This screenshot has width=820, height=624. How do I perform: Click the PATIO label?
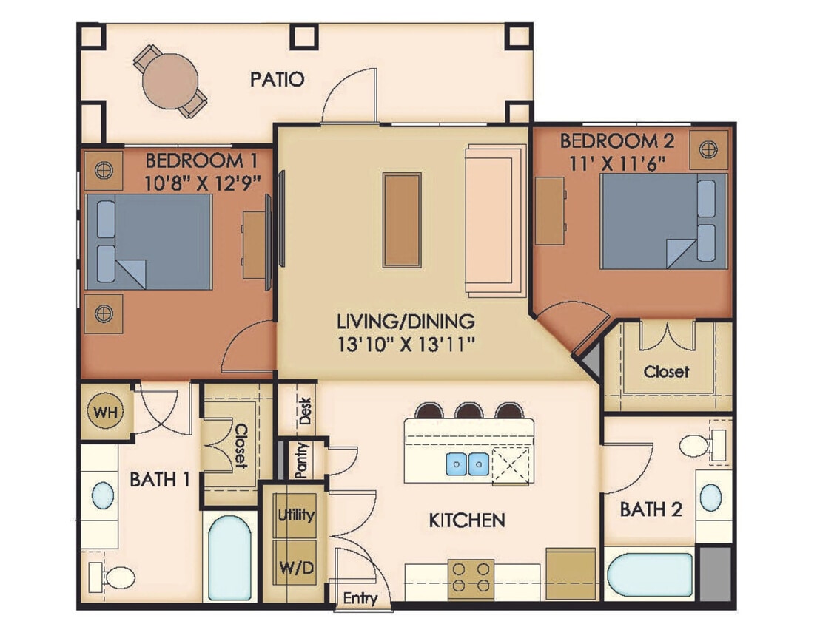[277, 79]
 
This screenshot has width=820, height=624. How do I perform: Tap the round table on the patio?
[171, 81]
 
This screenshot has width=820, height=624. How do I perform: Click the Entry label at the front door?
[360, 598]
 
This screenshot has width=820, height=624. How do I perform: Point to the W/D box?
[295, 569]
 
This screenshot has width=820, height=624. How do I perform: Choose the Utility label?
[295, 515]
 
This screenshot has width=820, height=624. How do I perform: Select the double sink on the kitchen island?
[467, 464]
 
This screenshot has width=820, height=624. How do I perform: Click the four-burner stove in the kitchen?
[471, 576]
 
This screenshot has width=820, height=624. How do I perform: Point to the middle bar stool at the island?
[468, 410]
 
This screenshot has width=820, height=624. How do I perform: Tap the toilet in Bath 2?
[699, 446]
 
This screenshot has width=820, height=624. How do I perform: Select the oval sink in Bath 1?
[103, 495]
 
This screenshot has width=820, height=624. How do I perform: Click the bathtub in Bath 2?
[649, 574]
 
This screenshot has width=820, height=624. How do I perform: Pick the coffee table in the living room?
[402, 220]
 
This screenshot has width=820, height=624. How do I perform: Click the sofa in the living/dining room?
[494, 220]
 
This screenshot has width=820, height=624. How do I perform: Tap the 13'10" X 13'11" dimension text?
[405, 344]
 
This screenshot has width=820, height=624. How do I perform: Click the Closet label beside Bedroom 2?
[666, 371]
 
